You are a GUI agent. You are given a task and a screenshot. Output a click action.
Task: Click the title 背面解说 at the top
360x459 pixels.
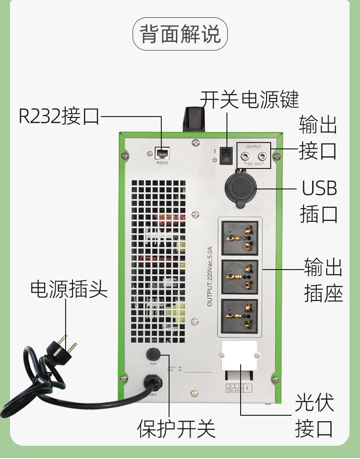click(x=180, y=34)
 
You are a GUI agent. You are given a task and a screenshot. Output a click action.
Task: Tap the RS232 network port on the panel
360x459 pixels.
click(x=162, y=153)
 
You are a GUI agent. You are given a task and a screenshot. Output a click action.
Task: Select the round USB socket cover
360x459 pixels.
click(x=241, y=187)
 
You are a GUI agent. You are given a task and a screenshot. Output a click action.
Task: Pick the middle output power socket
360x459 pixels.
click(x=240, y=277)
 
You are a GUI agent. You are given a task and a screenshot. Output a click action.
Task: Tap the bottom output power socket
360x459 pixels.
click(x=240, y=315)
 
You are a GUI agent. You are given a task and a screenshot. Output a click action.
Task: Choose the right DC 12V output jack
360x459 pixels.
click(x=262, y=155)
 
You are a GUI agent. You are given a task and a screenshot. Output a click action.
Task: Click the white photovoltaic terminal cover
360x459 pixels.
click(x=239, y=356)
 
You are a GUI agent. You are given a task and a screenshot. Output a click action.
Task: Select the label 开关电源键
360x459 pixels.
click(x=250, y=99)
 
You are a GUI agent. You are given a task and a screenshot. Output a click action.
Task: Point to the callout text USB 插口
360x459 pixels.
click(x=319, y=200)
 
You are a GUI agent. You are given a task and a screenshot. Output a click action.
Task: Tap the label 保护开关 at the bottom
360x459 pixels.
click(x=176, y=428)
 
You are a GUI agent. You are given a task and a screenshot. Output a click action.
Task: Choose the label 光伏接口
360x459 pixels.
click(x=314, y=415)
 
